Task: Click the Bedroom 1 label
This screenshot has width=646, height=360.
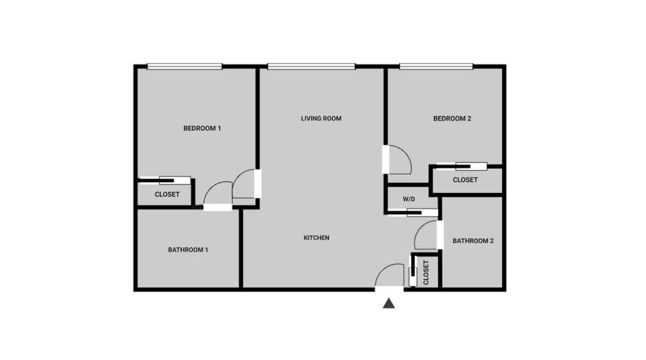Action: point(202,128)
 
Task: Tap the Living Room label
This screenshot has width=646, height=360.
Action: point(321,118)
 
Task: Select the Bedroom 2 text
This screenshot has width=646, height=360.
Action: point(452,118)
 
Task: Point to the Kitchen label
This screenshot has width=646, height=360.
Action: point(316,237)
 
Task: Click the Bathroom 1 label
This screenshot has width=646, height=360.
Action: point(188,250)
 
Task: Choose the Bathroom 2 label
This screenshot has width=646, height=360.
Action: point(473,240)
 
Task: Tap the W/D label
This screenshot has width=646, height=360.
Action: point(409,198)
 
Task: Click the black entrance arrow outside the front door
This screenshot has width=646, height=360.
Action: point(389,303)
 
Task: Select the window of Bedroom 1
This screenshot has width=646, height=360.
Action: point(184,66)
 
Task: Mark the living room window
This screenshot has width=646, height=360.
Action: point(311,66)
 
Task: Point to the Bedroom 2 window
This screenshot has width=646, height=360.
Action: point(437,66)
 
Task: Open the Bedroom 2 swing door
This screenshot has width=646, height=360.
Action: point(398,159)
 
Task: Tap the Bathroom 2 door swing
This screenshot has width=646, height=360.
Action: point(427,235)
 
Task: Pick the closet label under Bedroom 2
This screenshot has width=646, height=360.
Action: point(465,180)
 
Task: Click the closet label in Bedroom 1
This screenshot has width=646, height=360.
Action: point(167,194)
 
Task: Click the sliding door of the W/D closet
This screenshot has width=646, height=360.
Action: point(413,212)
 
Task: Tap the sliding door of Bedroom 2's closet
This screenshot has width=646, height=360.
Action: point(463,166)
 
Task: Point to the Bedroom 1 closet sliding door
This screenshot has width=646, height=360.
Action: point(165,179)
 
